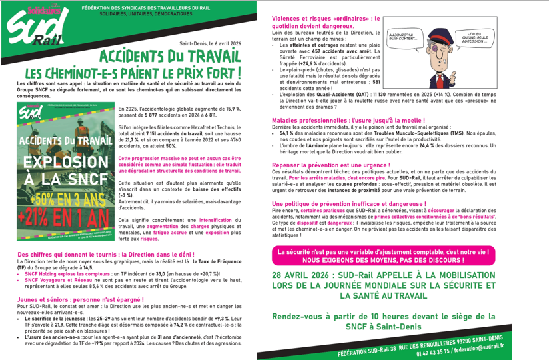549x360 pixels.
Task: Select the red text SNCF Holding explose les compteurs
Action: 63,274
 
